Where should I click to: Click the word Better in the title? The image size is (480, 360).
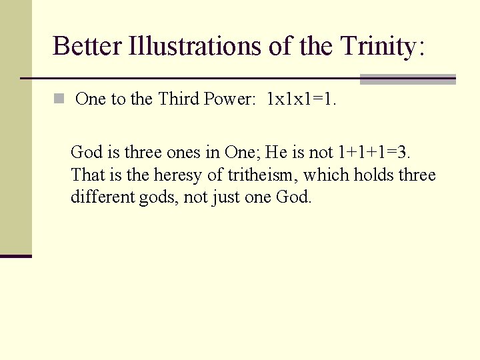pos(87,46)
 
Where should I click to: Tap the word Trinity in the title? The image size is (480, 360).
pos(377,46)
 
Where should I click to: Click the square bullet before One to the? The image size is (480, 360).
pos(59,99)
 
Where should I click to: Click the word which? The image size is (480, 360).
pos(326,175)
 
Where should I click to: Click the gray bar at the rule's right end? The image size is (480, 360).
pos(407,79)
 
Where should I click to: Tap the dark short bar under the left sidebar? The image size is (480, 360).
pos(15,255)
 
